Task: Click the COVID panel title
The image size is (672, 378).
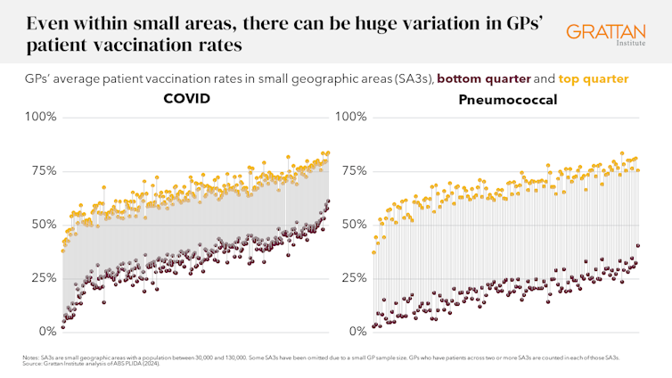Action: (x=187, y=98)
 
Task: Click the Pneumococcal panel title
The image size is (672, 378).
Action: (x=508, y=99)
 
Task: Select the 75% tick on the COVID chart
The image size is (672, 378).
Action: (x=41, y=170)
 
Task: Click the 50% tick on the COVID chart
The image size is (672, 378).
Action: (x=41, y=224)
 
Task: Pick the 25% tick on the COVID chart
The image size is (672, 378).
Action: (x=41, y=277)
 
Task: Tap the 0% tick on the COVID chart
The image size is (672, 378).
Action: (x=45, y=332)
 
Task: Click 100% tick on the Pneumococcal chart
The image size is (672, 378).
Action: (x=350, y=117)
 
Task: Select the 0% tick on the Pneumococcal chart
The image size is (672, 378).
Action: (x=356, y=332)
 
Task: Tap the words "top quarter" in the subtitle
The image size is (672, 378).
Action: (x=595, y=78)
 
